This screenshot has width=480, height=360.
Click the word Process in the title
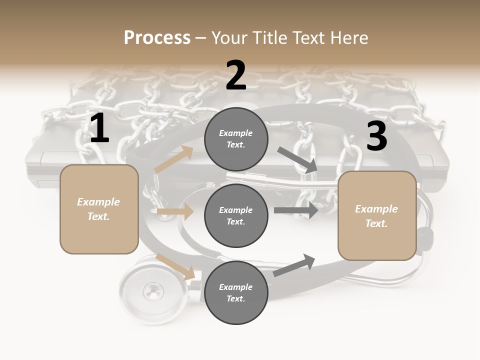point(157,38)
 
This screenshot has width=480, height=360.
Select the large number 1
point(99,128)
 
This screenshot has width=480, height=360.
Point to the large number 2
point(236,75)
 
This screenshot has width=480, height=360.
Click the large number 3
point(376,136)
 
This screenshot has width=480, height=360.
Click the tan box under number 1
point(99,209)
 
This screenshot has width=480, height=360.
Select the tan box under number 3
point(377,216)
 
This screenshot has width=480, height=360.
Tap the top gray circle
point(236,139)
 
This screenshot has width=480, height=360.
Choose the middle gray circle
point(236,215)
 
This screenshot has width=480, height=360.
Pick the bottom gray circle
point(236,292)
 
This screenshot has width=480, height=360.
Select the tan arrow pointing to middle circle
point(175,212)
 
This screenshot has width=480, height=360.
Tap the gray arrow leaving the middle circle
point(296,210)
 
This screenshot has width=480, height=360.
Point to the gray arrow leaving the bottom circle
point(294,265)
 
